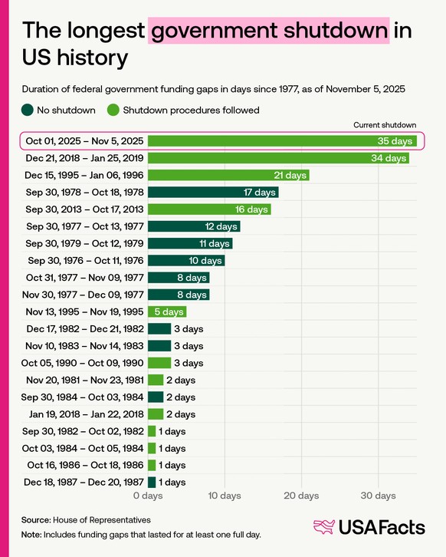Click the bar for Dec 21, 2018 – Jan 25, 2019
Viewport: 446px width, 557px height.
click(278, 158)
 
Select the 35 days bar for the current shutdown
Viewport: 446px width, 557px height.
click(282, 141)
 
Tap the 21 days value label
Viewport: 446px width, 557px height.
click(290, 175)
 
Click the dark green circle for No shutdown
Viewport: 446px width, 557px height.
click(27, 110)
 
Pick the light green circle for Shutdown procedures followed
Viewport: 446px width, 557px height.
click(113, 110)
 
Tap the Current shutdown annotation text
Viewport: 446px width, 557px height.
click(385, 124)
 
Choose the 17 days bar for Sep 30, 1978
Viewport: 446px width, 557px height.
click(213, 192)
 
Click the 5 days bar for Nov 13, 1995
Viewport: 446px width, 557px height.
click(167, 311)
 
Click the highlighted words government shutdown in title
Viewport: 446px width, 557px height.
click(269, 31)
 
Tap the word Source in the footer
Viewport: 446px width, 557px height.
click(36, 519)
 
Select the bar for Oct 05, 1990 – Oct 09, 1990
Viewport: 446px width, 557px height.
click(159, 363)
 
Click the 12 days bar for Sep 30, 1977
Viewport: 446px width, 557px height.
click(194, 226)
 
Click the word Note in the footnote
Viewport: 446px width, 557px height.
click(31, 534)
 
